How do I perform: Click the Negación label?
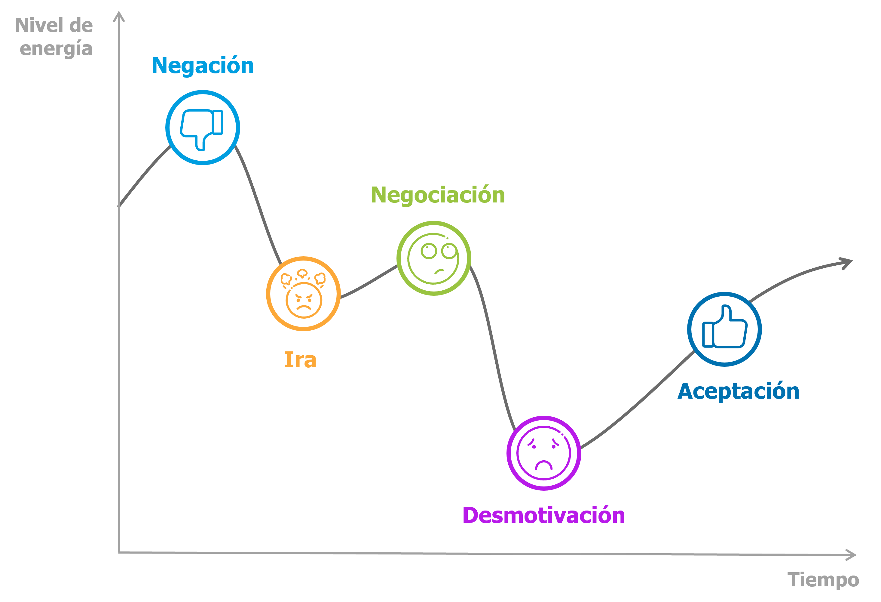(202, 66)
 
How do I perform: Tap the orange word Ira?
(300, 360)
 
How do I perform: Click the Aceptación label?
(738, 391)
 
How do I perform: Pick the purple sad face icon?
(544, 453)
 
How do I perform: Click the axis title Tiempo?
(823, 580)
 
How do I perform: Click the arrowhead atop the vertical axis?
(119, 17)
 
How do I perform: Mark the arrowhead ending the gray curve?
(848, 262)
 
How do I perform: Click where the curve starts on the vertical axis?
(119, 205)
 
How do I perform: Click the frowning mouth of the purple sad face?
(544, 465)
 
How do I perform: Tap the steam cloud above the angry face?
(302, 273)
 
